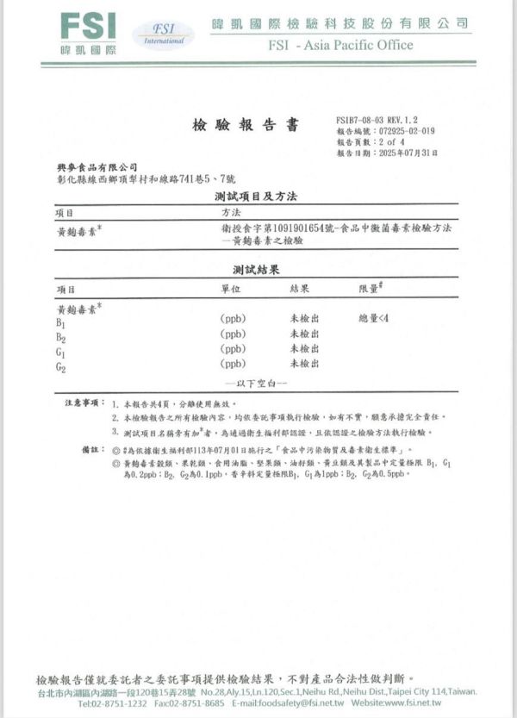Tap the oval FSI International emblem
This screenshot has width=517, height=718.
coord(163,35)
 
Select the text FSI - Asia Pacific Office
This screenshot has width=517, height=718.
coord(340,45)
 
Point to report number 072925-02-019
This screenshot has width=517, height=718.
coord(407,131)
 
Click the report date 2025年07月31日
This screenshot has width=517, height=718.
coord(407,153)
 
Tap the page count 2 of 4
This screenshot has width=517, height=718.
coord(396,141)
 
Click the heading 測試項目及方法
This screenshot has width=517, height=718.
coord(255,197)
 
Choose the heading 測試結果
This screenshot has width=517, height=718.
coord(255,271)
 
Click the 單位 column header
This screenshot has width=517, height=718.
coord(231,289)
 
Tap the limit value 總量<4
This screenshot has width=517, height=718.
coord(374,319)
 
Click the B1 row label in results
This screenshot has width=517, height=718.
coord(61,322)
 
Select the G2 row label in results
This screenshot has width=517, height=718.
coord(61,368)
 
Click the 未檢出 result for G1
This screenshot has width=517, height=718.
coord(304,349)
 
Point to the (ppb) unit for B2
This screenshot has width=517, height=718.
coord(233,334)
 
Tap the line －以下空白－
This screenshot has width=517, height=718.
coord(256,382)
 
